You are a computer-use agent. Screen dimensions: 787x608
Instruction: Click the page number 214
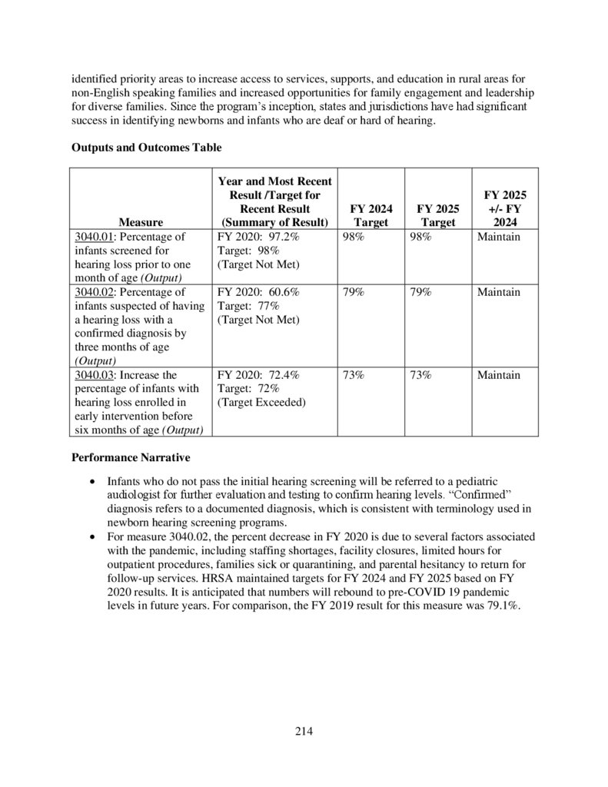pos(304,730)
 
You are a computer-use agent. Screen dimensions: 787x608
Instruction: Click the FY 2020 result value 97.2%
pos(281,237)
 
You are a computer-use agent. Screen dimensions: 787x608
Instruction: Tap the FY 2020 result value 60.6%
pos(281,292)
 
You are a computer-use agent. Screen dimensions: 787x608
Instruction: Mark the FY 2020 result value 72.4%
pos(281,375)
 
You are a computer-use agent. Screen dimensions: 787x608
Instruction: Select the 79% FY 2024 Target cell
pos(354,292)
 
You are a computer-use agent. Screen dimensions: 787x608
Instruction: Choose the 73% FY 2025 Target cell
pos(420,375)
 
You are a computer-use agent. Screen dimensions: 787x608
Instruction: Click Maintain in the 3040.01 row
pos(498,237)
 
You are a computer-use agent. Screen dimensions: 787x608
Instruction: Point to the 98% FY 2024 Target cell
pos(354,237)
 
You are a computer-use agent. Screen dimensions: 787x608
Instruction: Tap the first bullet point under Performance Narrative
pos(93,478)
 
